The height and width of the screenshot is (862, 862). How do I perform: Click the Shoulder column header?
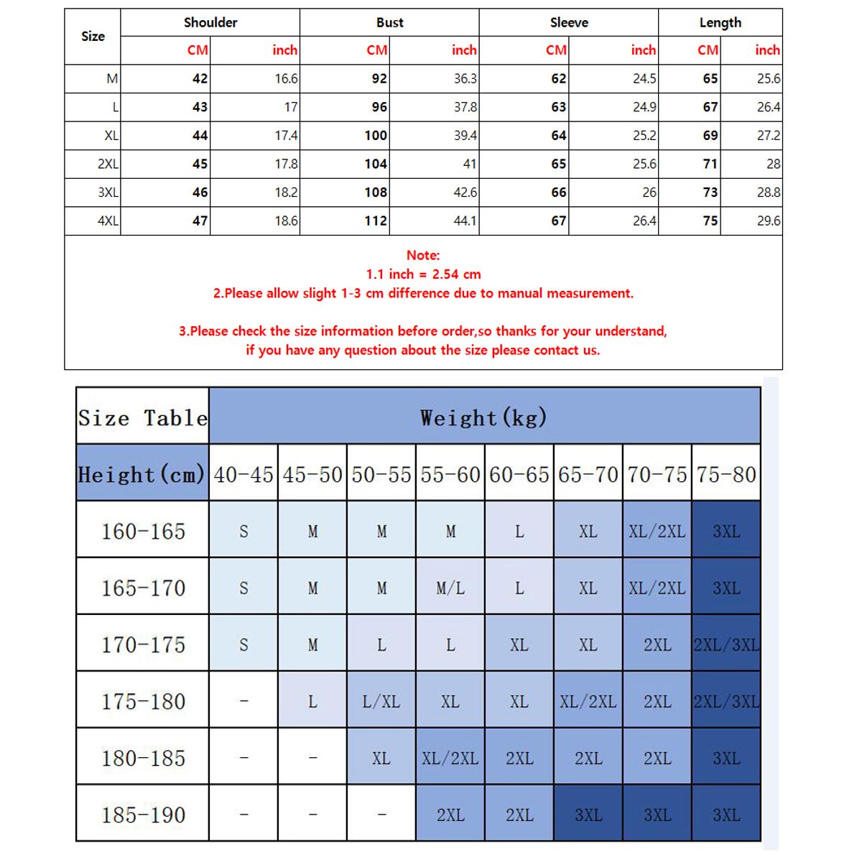click(x=210, y=22)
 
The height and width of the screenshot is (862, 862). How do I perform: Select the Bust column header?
click(x=389, y=22)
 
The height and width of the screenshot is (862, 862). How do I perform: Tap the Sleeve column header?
click(x=569, y=22)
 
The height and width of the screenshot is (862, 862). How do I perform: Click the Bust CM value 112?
click(x=376, y=221)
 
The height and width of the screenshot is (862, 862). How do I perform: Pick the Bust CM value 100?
click(x=376, y=135)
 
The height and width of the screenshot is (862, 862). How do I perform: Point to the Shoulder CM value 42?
click(x=200, y=78)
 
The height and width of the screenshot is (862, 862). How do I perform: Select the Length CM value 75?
click(x=710, y=221)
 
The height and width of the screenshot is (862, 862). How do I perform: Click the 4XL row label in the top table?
click(x=108, y=221)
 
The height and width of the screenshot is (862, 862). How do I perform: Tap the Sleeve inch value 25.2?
click(x=644, y=135)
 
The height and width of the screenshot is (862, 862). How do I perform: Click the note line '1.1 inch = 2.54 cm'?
click(x=423, y=274)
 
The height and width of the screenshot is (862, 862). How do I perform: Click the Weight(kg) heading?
click(x=483, y=417)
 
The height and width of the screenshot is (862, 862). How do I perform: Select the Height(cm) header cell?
click(x=142, y=474)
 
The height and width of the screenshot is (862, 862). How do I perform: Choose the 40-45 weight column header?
click(x=244, y=474)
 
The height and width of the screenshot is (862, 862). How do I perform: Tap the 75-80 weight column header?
click(x=726, y=474)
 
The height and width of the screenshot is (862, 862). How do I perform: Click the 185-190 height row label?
click(x=143, y=815)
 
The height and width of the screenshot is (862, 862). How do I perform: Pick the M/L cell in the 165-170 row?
click(x=450, y=588)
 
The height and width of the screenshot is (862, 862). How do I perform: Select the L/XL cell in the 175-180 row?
click(x=381, y=701)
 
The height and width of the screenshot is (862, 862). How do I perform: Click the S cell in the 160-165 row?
click(x=244, y=531)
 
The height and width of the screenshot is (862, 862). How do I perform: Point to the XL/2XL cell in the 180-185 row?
click(x=450, y=758)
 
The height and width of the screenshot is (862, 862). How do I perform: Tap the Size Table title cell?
click(x=142, y=417)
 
